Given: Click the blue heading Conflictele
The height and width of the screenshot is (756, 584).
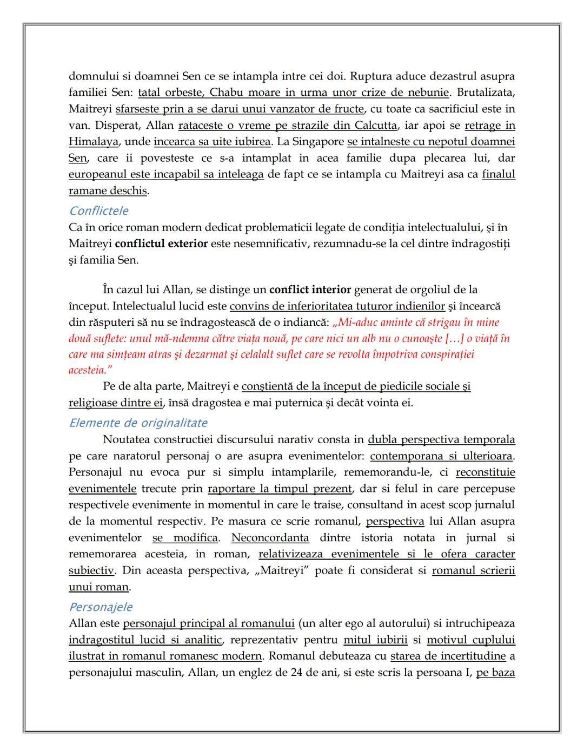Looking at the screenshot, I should [x=98, y=211].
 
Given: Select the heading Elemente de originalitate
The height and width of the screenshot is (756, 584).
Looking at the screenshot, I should [x=138, y=423].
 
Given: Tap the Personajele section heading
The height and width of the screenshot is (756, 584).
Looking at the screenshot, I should [x=101, y=607].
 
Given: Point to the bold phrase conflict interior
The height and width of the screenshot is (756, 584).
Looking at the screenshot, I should [x=310, y=290].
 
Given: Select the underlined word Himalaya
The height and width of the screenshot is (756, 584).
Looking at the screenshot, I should [x=94, y=142].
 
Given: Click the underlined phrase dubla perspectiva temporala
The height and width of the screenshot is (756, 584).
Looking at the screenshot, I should [x=441, y=439].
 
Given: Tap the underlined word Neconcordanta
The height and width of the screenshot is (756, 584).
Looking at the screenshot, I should [x=270, y=537].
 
